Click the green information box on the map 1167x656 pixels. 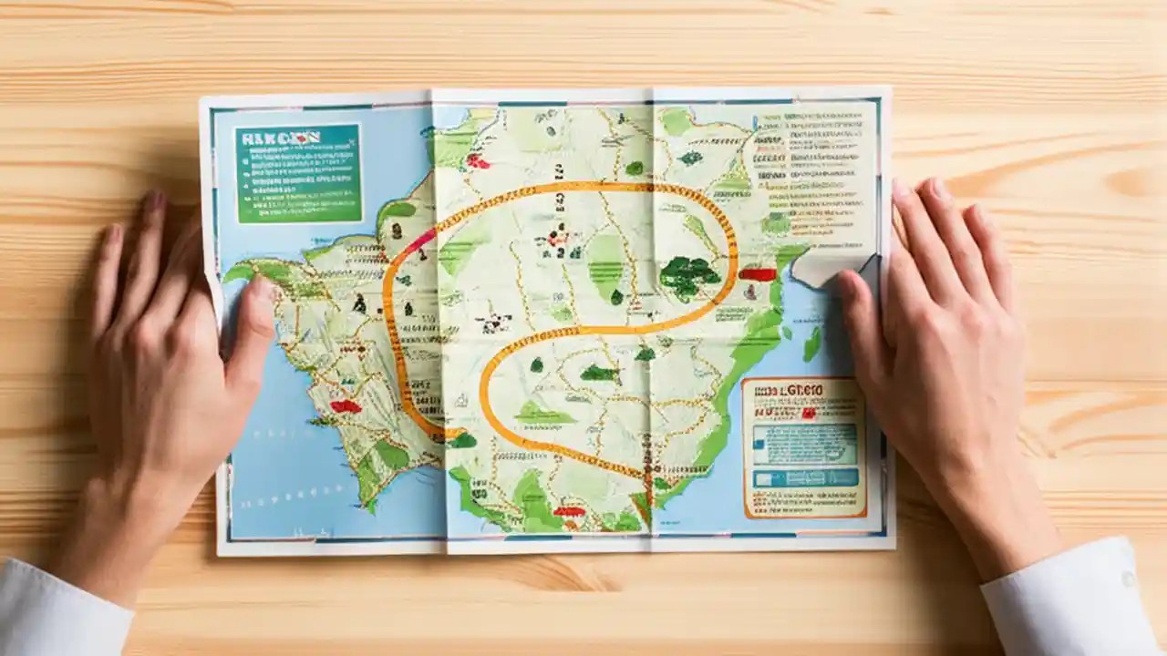coord(298,173)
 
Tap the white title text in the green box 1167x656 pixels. coord(278,138)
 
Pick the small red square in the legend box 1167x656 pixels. coord(808,412)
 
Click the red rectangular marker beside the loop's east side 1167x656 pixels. coord(757,273)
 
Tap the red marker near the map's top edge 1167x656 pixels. coord(478,161)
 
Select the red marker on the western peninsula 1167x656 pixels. coord(345,406)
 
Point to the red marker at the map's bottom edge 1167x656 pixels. coord(569,512)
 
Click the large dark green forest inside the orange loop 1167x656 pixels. coord(689,275)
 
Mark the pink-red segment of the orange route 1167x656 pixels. coord(421,241)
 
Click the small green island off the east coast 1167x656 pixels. coord(811,343)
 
